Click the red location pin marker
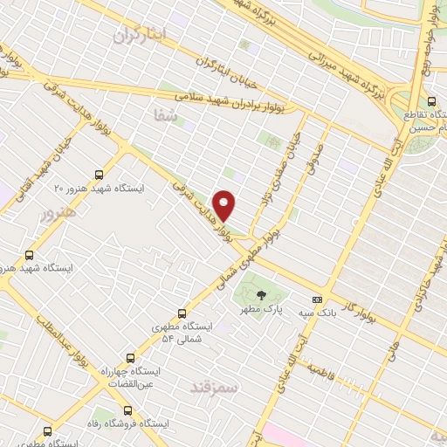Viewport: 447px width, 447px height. coord(225,204)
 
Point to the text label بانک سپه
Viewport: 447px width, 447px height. coord(318,312)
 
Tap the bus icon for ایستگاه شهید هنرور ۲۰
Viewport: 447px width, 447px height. coord(98,173)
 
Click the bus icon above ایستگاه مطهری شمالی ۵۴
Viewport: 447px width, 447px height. coord(182,313)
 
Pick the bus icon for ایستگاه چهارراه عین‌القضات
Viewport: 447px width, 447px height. coord(131,357)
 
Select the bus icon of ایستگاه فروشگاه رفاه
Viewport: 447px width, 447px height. coord(128,409)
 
